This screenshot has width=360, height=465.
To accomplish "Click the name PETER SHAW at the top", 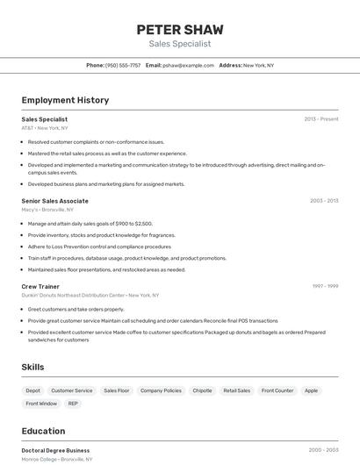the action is point(180,29).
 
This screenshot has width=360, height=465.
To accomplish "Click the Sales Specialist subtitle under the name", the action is point(180,44).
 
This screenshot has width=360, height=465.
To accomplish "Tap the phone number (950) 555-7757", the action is point(123,65).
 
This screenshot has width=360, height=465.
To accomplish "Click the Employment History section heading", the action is point(65,100).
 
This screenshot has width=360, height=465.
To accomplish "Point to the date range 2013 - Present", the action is point(321,118).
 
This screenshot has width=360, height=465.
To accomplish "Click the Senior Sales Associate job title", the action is point(54,201).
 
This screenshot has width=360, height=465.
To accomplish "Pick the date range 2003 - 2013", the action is point(324,201).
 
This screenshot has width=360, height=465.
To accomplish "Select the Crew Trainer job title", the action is point(40,286).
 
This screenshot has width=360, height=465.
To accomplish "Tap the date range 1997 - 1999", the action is point(325,286).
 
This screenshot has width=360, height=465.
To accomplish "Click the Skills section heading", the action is point(32,367).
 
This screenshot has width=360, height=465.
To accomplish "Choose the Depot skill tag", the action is point(32,390).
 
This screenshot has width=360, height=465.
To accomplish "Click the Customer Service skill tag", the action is point(72,390).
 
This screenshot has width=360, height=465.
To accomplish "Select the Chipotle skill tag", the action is point(202,390).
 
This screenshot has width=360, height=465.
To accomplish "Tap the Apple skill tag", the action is point(312,390).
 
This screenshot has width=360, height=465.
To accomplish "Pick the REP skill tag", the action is point(73,404).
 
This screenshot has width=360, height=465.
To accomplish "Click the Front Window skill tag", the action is point(41,404).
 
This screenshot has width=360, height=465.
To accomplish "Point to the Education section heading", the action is point(43,431).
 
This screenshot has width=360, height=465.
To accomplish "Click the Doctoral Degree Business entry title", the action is point(55,450).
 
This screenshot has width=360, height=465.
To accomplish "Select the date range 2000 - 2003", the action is point(324,450).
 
